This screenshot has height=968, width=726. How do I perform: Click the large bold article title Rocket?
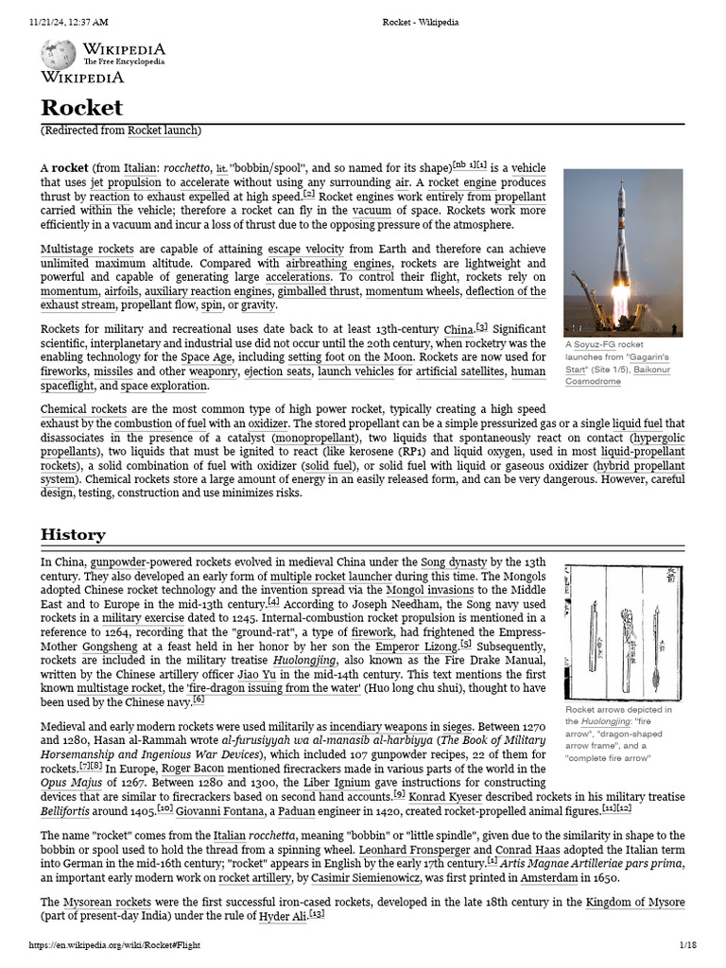[81, 108]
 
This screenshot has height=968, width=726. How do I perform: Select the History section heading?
[73, 534]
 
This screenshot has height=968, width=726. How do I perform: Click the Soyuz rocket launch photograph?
[622, 252]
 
